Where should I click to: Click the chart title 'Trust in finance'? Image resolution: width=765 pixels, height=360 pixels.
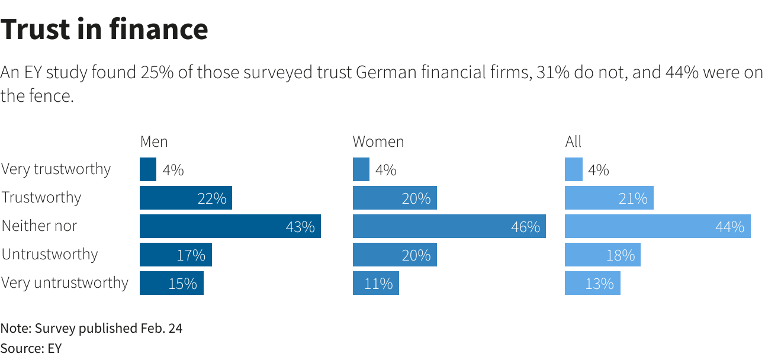[104, 30]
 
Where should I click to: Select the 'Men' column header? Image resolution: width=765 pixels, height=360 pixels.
[154, 142]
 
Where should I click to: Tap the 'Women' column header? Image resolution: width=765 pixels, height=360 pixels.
[378, 142]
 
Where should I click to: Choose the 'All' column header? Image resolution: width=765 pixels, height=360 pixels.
[573, 142]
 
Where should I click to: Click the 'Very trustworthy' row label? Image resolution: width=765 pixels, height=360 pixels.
[56, 169]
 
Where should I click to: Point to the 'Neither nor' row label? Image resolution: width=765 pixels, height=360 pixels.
[40, 226]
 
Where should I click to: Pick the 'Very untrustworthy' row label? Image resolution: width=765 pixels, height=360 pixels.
[65, 283]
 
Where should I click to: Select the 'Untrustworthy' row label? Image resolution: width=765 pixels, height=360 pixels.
[50, 255]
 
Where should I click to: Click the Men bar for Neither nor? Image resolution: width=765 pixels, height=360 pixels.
[230, 226]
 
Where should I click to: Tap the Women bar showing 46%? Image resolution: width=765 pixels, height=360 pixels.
[449, 226]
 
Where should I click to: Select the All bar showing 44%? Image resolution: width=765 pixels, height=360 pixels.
[657, 226]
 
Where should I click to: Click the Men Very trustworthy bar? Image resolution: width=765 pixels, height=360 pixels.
[148, 169]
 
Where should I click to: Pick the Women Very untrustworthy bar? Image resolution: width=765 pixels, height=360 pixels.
[375, 283]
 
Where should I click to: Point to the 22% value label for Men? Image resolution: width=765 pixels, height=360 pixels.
[212, 198]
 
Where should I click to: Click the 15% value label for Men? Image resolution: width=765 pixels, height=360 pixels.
[182, 284]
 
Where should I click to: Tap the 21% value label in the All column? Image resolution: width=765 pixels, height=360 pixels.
[633, 198]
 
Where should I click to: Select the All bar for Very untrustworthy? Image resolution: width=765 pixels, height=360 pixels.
[592, 283]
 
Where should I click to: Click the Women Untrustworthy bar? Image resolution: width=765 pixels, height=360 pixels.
[394, 255]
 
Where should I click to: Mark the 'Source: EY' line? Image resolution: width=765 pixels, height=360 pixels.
[31, 348]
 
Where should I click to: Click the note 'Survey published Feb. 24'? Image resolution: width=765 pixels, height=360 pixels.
[91, 328]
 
